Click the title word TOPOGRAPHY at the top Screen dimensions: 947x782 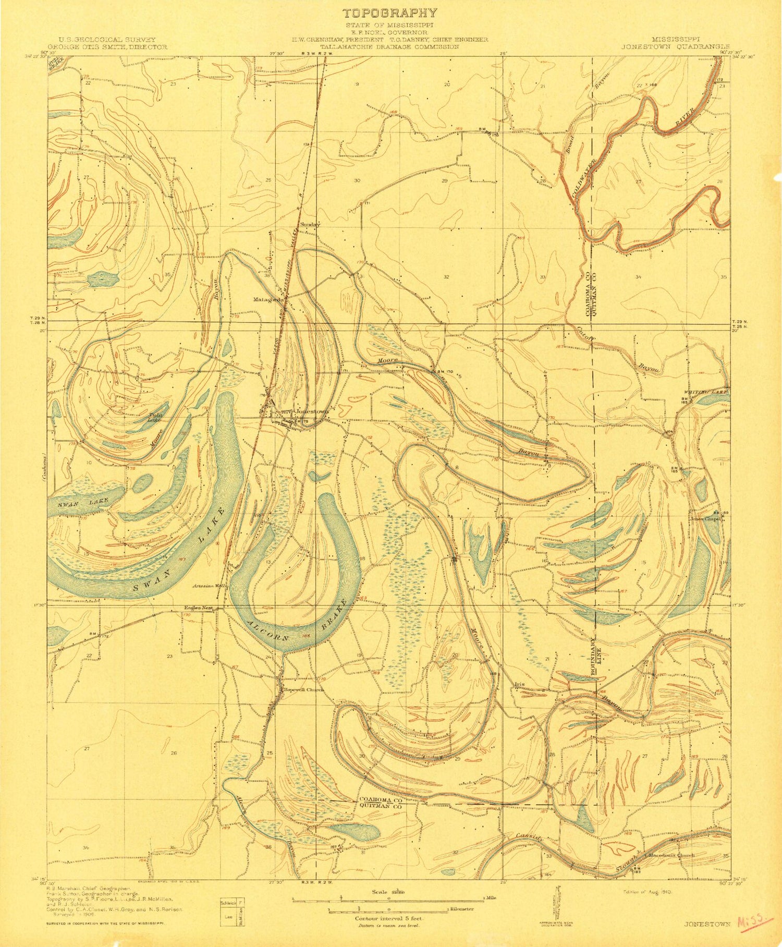pyautogui.click(x=389, y=13)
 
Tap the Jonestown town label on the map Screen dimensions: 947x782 pyautogui.click(x=312, y=411)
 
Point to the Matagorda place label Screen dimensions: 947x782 pyautogui.click(x=267, y=300)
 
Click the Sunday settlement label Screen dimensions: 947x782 pyautogui.click(x=309, y=225)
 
